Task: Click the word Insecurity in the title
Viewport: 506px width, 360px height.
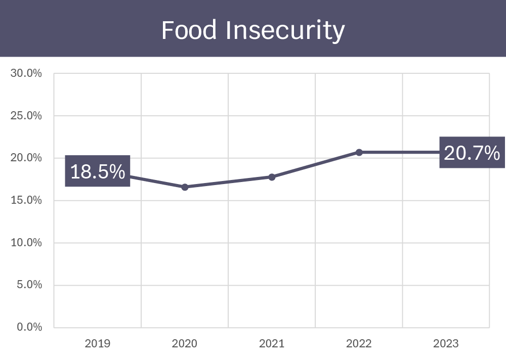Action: pyautogui.click(x=285, y=30)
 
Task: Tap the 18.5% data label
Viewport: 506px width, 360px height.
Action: pyautogui.click(x=98, y=171)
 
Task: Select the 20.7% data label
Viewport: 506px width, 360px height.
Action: pyautogui.click(x=472, y=152)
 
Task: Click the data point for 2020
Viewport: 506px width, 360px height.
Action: pyautogui.click(x=185, y=187)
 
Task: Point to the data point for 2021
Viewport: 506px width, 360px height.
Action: pyautogui.click(x=272, y=177)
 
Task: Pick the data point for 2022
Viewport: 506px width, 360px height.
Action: pyautogui.click(x=359, y=152)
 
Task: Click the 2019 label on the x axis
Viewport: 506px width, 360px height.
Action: pyautogui.click(x=98, y=344)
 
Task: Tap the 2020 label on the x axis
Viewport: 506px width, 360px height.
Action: pyautogui.click(x=185, y=344)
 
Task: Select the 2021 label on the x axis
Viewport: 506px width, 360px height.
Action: pyautogui.click(x=272, y=344)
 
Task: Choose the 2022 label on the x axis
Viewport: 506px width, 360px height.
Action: pyautogui.click(x=359, y=344)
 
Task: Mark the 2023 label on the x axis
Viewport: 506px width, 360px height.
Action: pyautogui.click(x=446, y=344)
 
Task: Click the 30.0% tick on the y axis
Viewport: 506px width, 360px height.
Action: pyautogui.click(x=26, y=73)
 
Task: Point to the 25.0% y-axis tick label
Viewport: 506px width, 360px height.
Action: pyautogui.click(x=26, y=116)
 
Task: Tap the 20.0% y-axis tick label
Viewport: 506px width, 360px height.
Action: pyautogui.click(x=26, y=158)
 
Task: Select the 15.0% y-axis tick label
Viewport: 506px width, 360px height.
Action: pyautogui.click(x=26, y=200)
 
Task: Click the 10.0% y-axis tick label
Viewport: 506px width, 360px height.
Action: pyautogui.click(x=26, y=243)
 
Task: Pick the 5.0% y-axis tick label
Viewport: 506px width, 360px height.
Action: pyautogui.click(x=28, y=285)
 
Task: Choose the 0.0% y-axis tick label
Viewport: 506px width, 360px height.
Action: pyautogui.click(x=28, y=327)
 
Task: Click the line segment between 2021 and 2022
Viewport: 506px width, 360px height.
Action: pyautogui.click(x=315, y=165)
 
